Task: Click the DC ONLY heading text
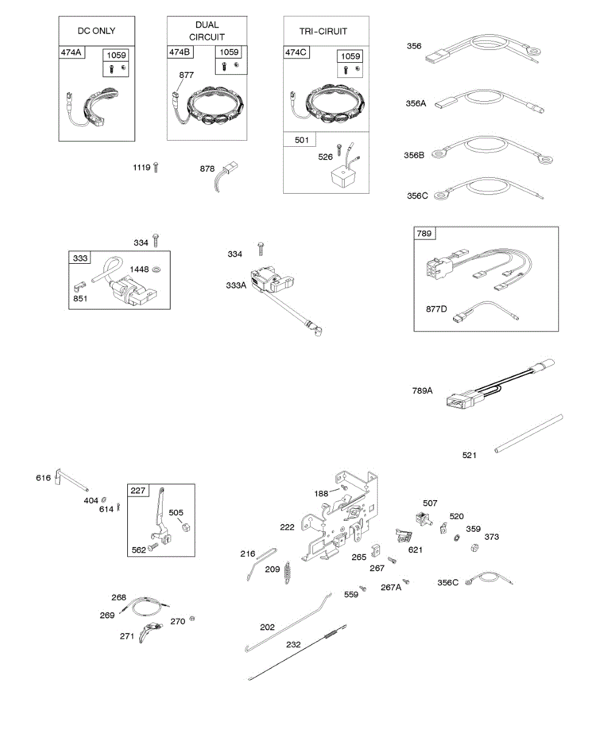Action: click(x=96, y=30)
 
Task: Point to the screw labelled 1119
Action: click(x=157, y=166)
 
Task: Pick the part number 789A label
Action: click(x=422, y=390)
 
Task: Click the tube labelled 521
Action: click(x=529, y=434)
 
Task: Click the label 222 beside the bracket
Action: click(x=287, y=527)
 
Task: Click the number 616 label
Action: click(x=43, y=478)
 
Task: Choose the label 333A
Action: click(x=236, y=284)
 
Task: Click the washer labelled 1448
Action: click(x=157, y=269)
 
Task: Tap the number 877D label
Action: click(x=436, y=309)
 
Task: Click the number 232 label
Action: click(x=294, y=644)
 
